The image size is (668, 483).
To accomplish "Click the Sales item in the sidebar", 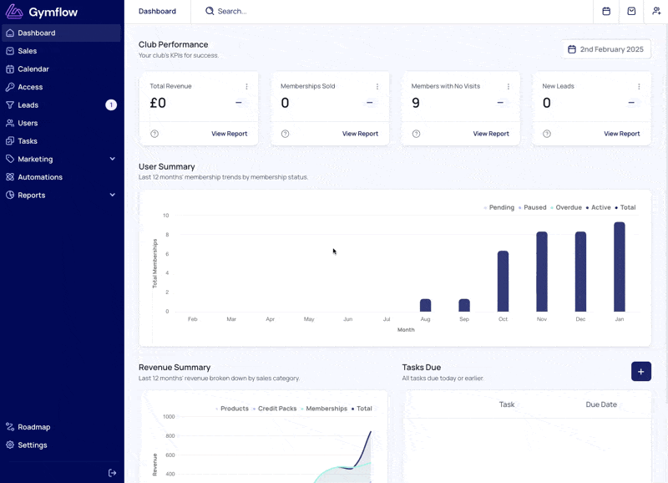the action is [x=28, y=51].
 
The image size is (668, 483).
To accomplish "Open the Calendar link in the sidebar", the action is [x=33, y=69].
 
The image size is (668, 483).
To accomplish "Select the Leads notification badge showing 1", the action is [x=111, y=104].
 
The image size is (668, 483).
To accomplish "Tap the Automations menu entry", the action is [x=40, y=177].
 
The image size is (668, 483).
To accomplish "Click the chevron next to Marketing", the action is [x=113, y=159].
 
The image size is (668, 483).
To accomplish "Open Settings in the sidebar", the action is [x=33, y=445].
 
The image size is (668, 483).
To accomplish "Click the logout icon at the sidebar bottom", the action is [x=113, y=473].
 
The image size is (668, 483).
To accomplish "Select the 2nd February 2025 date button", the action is [x=606, y=49].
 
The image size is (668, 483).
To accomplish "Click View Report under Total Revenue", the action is [x=229, y=134].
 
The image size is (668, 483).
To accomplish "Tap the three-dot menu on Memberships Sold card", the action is [x=377, y=87].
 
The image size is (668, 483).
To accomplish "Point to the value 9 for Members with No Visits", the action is [x=416, y=103].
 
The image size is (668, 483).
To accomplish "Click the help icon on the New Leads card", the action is [x=547, y=134].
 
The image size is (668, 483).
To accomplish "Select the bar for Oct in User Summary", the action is [x=504, y=282].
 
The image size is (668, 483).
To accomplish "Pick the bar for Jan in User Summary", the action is [x=620, y=267].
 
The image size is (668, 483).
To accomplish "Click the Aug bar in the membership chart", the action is [x=426, y=305].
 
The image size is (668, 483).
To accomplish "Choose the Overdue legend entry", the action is [x=566, y=207].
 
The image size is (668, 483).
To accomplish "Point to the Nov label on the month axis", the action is [x=542, y=319].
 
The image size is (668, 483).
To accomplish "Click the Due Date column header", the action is [x=601, y=404].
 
